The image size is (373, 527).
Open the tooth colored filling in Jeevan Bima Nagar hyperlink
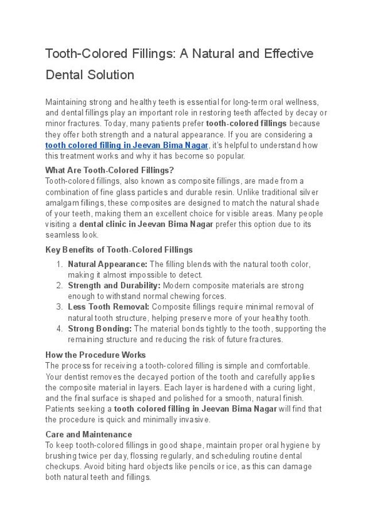click(x=126, y=145)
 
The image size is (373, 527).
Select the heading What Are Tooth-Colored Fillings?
click(x=109, y=170)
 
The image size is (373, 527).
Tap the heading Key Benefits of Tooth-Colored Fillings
click(x=119, y=250)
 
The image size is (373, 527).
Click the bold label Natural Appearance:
click(x=107, y=264)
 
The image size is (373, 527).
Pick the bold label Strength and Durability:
click(x=114, y=285)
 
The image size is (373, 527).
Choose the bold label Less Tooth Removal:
click(x=108, y=307)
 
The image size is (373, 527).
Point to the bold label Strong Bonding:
click(x=99, y=329)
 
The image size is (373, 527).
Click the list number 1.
click(x=59, y=264)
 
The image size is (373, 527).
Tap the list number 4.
click(x=59, y=329)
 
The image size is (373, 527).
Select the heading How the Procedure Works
click(x=95, y=355)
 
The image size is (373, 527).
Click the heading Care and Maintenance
click(x=88, y=435)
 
